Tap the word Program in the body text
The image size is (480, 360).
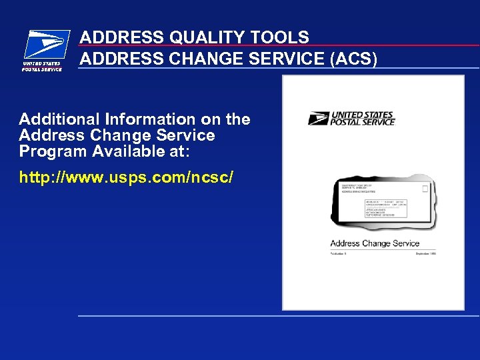click(53, 151)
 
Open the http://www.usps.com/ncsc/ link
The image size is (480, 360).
click(126, 178)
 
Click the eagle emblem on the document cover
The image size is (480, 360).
click(319, 119)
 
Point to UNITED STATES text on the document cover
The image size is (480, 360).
click(363, 115)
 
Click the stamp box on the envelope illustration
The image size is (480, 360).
click(425, 189)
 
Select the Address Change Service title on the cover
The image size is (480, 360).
click(375, 243)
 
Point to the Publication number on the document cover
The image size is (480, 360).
click(340, 253)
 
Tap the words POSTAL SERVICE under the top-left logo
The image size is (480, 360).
click(43, 69)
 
